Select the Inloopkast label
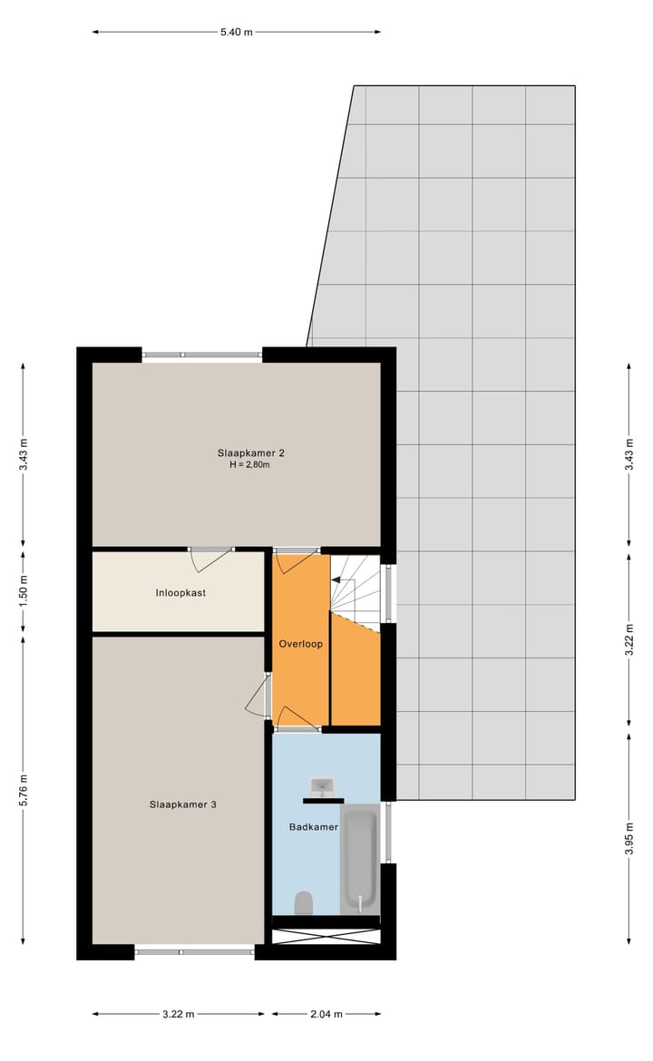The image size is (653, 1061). click(x=177, y=594)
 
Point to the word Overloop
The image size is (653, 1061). click(x=300, y=643)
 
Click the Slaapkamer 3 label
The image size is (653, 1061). click(x=182, y=803)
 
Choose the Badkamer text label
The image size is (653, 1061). click(x=313, y=827)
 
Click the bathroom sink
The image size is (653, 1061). click(x=323, y=785)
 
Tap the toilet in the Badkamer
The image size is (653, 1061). click(x=304, y=902)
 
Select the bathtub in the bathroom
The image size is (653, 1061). click(x=360, y=860)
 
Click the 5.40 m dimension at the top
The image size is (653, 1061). click(x=236, y=32)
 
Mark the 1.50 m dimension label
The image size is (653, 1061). click(x=24, y=590)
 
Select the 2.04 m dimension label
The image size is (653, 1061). click(x=326, y=1014)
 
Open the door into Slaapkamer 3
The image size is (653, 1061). click(x=258, y=696)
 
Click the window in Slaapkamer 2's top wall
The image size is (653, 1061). click(x=202, y=355)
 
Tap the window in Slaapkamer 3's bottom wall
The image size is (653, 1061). click(x=195, y=951)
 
